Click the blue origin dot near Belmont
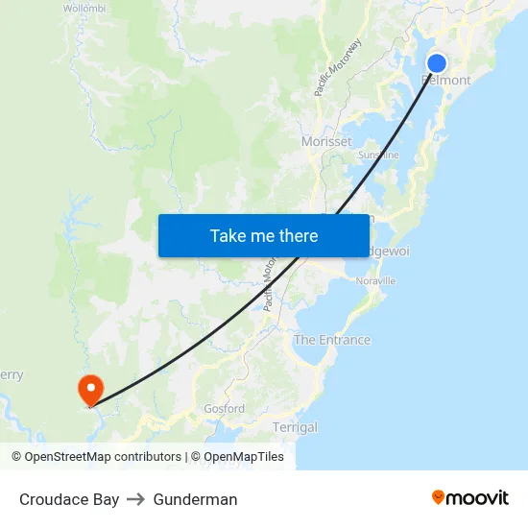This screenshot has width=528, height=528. [x=436, y=63]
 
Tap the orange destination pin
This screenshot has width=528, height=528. [x=90, y=388]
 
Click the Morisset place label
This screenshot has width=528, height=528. [x=326, y=141]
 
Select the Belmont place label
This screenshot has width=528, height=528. [x=446, y=81]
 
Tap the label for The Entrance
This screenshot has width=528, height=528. [x=331, y=340]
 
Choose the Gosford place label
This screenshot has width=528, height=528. [x=224, y=409]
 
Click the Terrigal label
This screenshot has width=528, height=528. [x=295, y=427]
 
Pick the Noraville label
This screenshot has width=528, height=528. [x=375, y=281]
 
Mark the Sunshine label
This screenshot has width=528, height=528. [x=378, y=155]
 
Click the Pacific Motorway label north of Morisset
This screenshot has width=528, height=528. [x=338, y=67]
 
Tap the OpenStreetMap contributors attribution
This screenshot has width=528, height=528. [x=103, y=457]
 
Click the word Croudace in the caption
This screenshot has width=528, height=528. [x=54, y=499]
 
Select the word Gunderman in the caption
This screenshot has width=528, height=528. [x=195, y=499]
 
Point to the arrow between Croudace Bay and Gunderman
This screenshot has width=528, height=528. [x=136, y=499]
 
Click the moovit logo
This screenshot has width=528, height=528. [x=469, y=497]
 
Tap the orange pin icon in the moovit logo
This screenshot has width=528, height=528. [x=439, y=497]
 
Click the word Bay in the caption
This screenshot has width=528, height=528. [x=107, y=499]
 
